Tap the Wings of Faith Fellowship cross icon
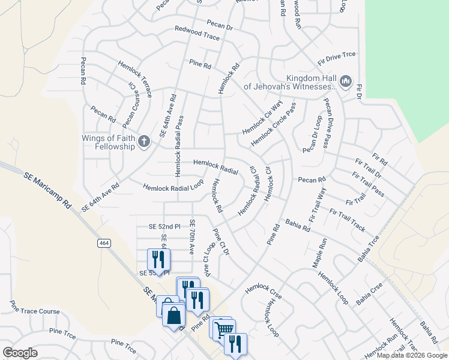point(143,142)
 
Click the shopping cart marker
point(223,329)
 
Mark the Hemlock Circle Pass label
point(273,124)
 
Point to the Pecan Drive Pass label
point(327,123)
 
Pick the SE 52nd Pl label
point(164,226)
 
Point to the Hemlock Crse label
point(264,290)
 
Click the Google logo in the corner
point(20,353)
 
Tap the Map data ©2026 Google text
point(412,355)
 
